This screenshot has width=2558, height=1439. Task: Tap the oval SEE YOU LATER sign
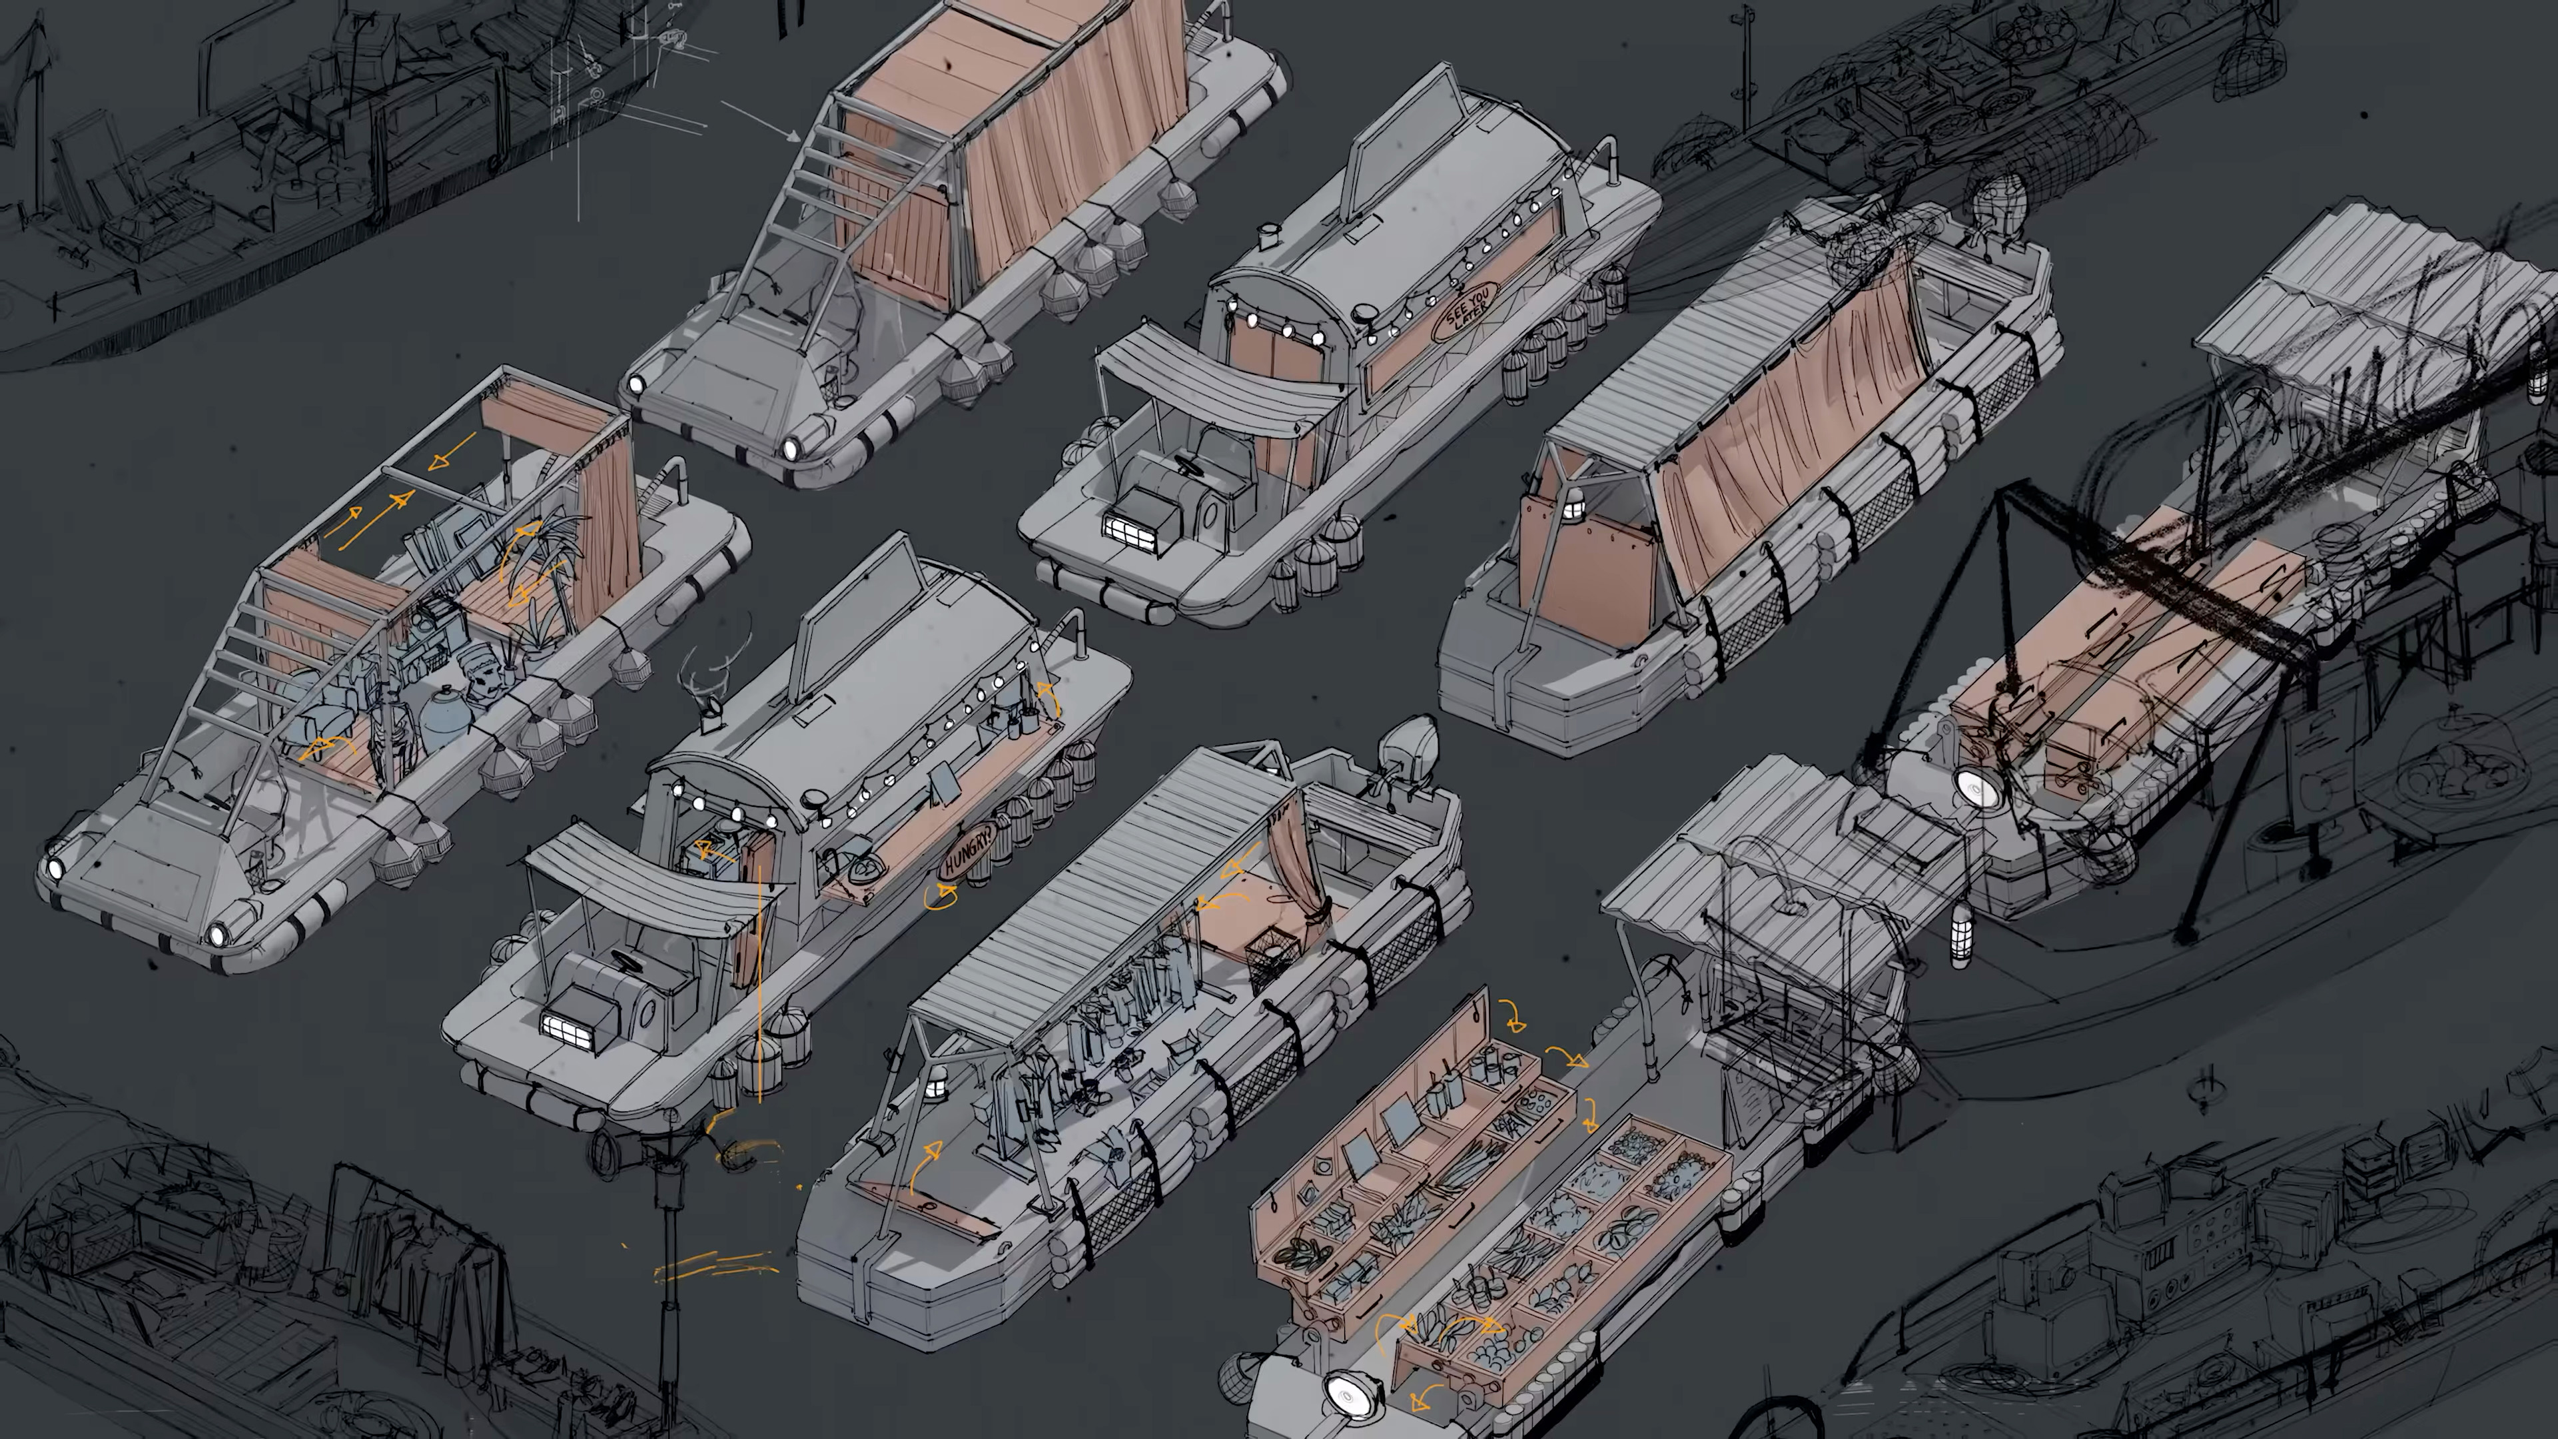(1466, 309)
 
